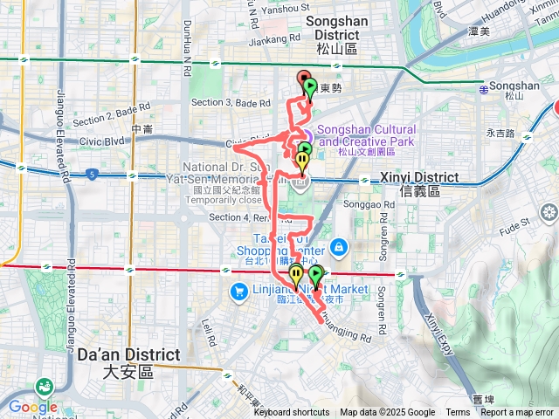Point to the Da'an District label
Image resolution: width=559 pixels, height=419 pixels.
[128, 362]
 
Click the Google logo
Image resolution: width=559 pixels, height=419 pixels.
[32, 407]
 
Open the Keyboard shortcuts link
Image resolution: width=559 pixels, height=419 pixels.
[292, 413]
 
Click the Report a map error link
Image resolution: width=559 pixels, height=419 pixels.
[517, 413]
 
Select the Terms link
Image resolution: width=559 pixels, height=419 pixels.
[458, 413]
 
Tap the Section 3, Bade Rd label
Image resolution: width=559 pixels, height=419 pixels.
[224, 103]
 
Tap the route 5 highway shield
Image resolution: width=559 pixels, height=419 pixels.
[92, 175]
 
